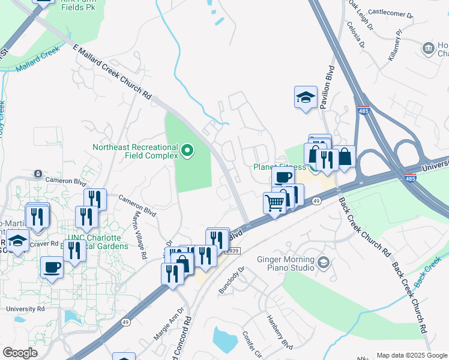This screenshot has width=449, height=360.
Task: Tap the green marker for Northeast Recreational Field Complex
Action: [x=187, y=150]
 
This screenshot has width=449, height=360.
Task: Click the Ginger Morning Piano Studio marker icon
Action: [x=324, y=263]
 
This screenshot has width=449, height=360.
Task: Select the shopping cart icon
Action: [x=275, y=203]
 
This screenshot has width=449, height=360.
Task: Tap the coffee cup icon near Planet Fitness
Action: [x=283, y=177]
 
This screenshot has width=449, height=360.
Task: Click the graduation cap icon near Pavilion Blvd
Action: [x=306, y=97]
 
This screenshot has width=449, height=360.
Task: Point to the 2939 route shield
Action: [x=233, y=250]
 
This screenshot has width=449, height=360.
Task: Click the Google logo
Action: [x=20, y=353]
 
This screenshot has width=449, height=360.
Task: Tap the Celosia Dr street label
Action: [x=355, y=34]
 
